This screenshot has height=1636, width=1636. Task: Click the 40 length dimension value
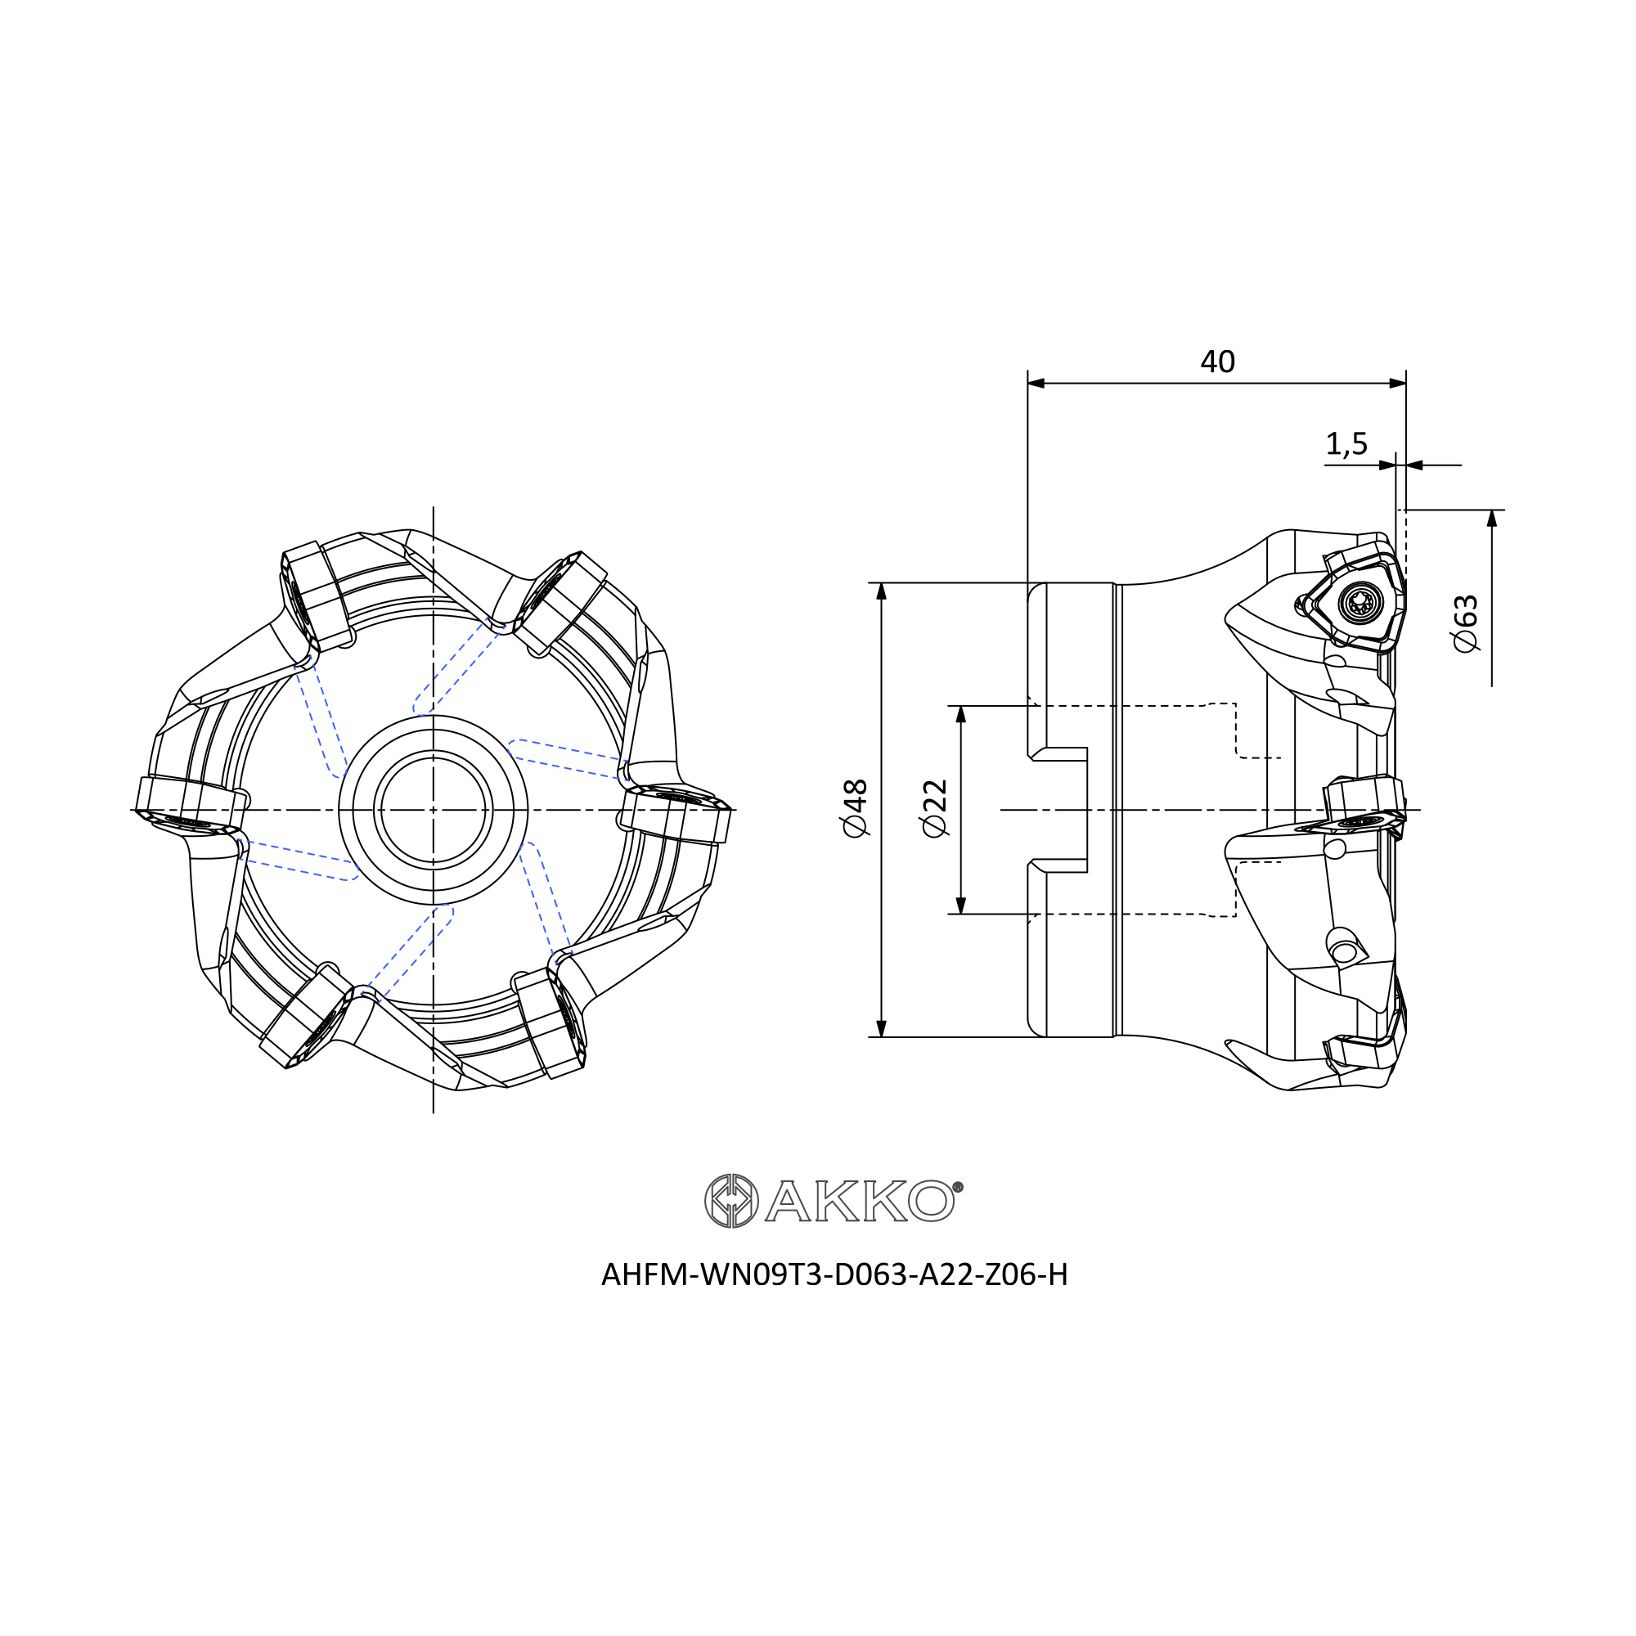[1218, 362]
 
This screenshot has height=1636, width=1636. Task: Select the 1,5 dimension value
[1346, 443]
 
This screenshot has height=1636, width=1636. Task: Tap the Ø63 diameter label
[1465, 623]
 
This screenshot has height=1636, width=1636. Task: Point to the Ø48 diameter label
[856, 809]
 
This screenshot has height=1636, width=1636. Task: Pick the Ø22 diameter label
[935, 808]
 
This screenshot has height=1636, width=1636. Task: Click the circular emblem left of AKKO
[731, 1201]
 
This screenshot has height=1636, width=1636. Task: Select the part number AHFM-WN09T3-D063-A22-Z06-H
[834, 1274]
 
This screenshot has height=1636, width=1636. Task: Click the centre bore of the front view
[434, 810]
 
